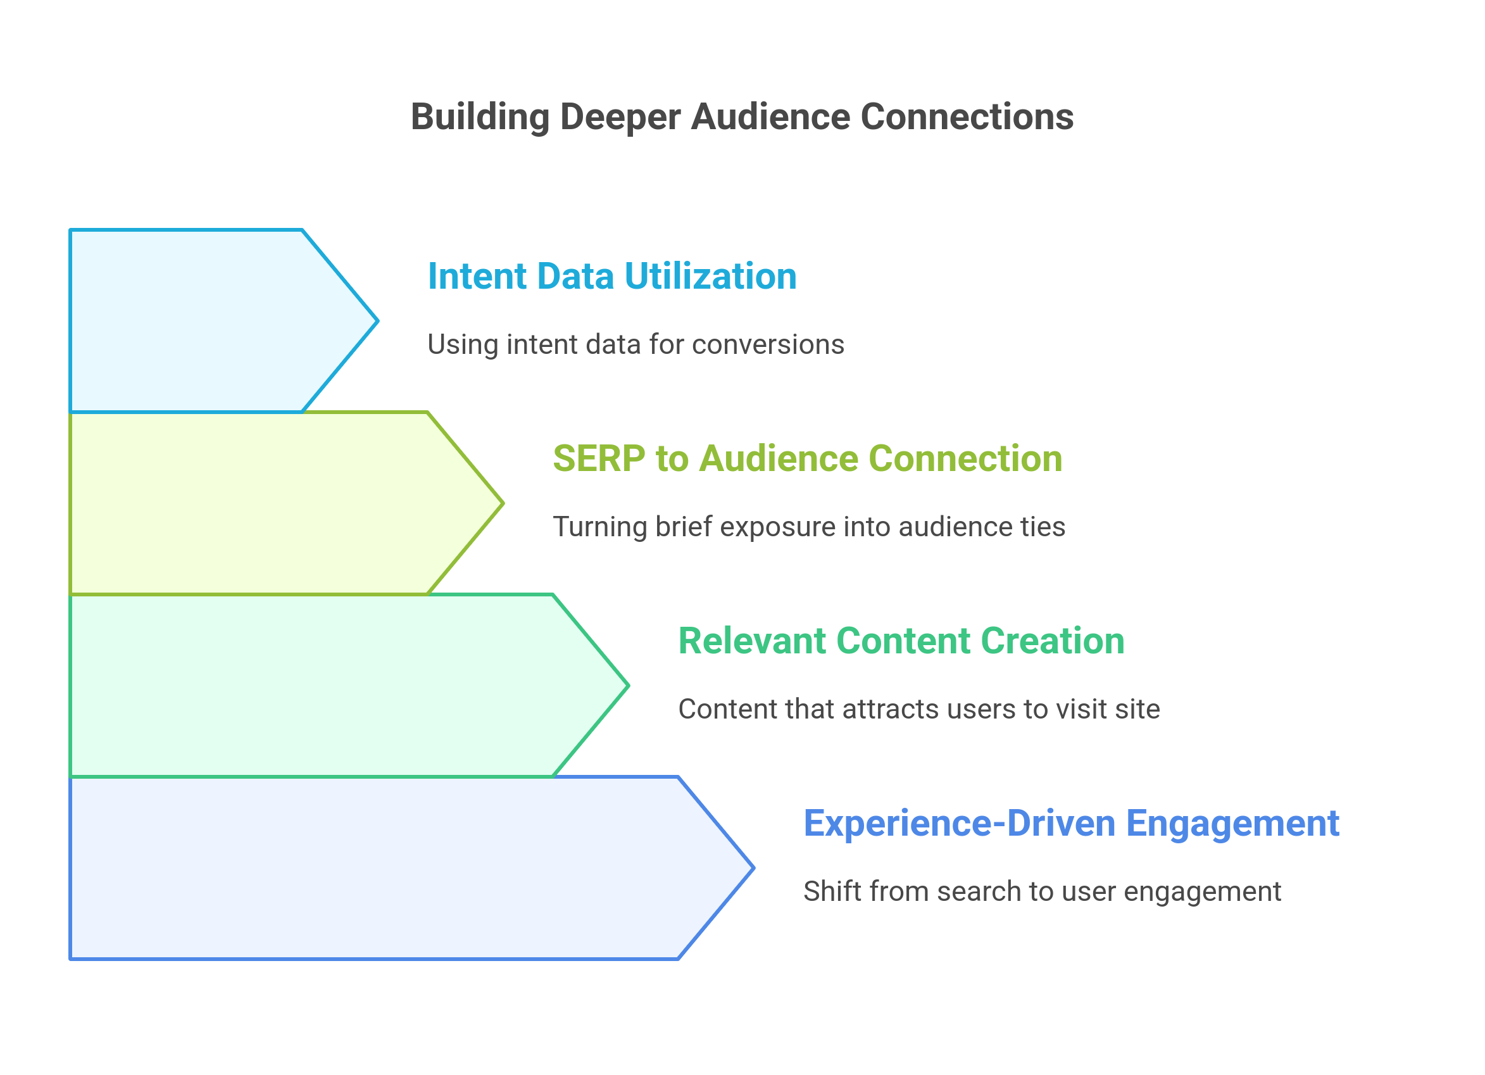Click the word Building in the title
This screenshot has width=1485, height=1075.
pyautogui.click(x=479, y=118)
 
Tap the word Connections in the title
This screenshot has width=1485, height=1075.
pyautogui.click(x=967, y=118)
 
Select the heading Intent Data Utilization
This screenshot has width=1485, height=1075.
pyautogui.click(x=611, y=276)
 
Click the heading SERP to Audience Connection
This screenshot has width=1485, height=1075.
pyautogui.click(x=807, y=458)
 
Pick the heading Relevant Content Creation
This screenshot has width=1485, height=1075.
pyautogui.click(x=901, y=641)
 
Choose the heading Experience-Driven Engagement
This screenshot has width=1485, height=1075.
pyautogui.click(x=1071, y=824)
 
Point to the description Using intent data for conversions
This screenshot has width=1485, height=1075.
pyautogui.click(x=635, y=345)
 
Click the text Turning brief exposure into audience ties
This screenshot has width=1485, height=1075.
pyautogui.click(x=808, y=527)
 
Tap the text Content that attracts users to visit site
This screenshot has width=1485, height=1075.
pyautogui.click(x=918, y=710)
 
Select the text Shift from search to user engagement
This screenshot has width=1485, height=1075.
pyautogui.click(x=1042, y=891)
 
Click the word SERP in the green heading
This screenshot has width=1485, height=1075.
pyautogui.click(x=598, y=458)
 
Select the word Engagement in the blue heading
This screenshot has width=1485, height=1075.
pyautogui.click(x=1232, y=824)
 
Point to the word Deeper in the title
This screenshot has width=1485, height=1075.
pyautogui.click(x=620, y=118)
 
